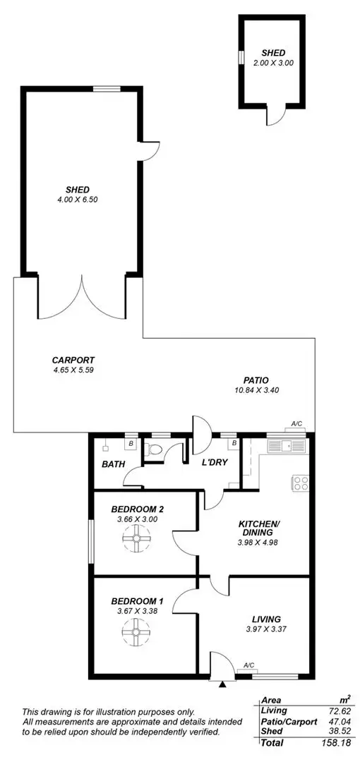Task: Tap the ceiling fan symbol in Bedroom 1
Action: (x=133, y=633)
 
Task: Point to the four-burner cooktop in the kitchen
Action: (x=300, y=483)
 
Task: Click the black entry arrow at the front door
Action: (x=223, y=682)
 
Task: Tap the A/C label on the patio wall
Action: (x=296, y=424)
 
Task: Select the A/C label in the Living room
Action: (x=249, y=665)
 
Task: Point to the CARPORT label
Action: (x=73, y=359)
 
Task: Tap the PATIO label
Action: (x=256, y=380)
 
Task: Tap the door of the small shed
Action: (x=282, y=115)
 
